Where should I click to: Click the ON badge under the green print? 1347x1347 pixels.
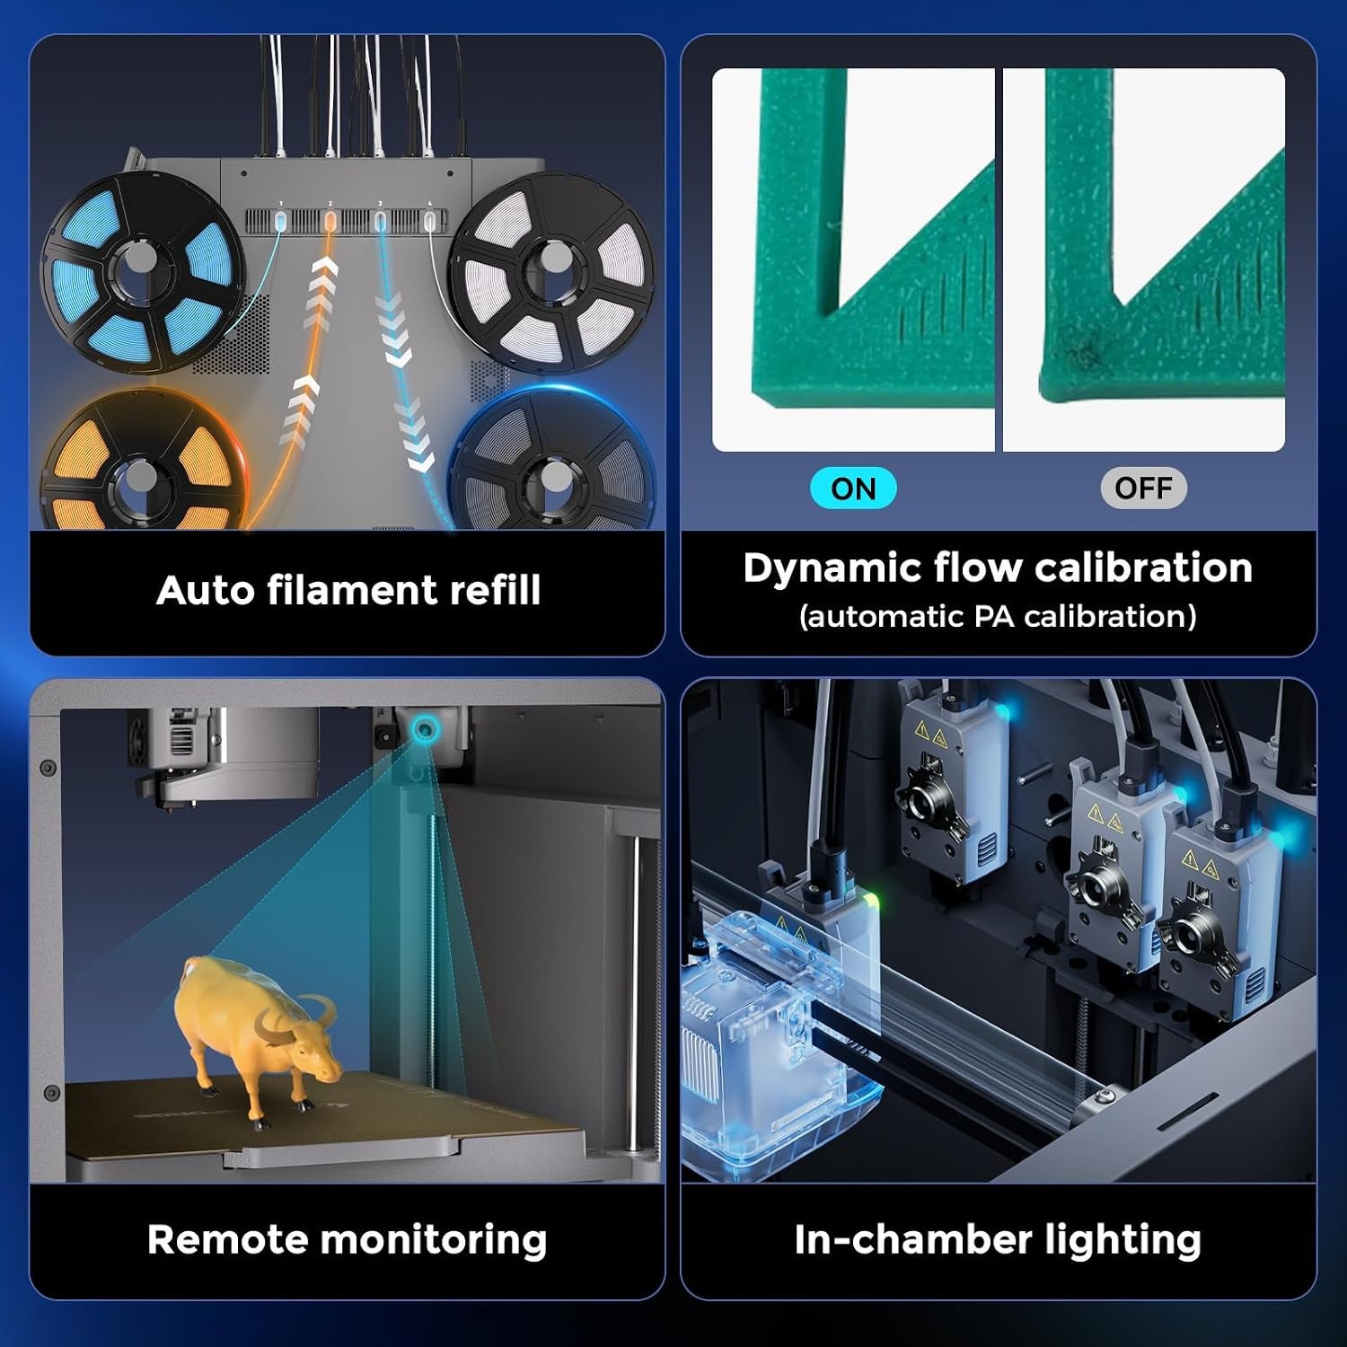tap(853, 489)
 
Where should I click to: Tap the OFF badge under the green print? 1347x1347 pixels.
tap(1143, 489)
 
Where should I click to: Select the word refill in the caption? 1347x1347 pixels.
tap(495, 590)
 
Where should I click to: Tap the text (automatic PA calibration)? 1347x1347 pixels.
tap(998, 617)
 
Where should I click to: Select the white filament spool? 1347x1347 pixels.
tap(550, 272)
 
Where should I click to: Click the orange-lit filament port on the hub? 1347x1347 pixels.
tap(330, 220)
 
